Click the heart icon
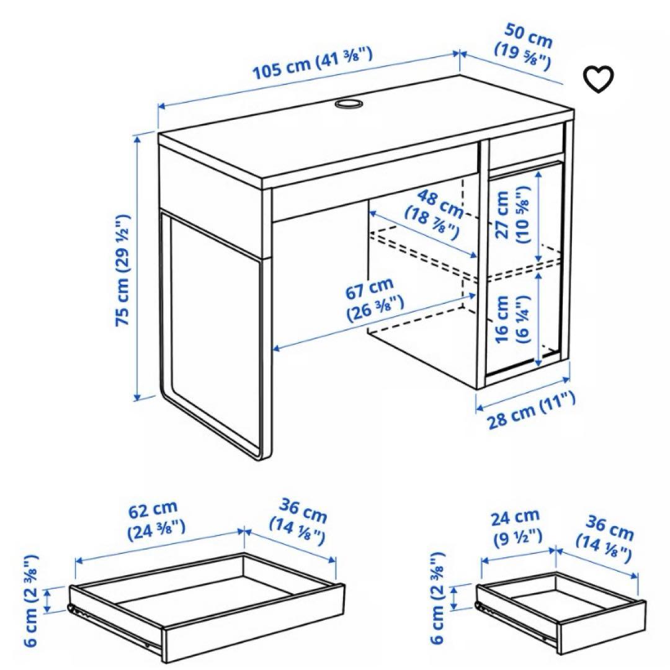[599, 79]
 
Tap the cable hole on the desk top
[349, 104]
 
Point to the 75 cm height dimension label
[123, 270]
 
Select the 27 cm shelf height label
[510, 214]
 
